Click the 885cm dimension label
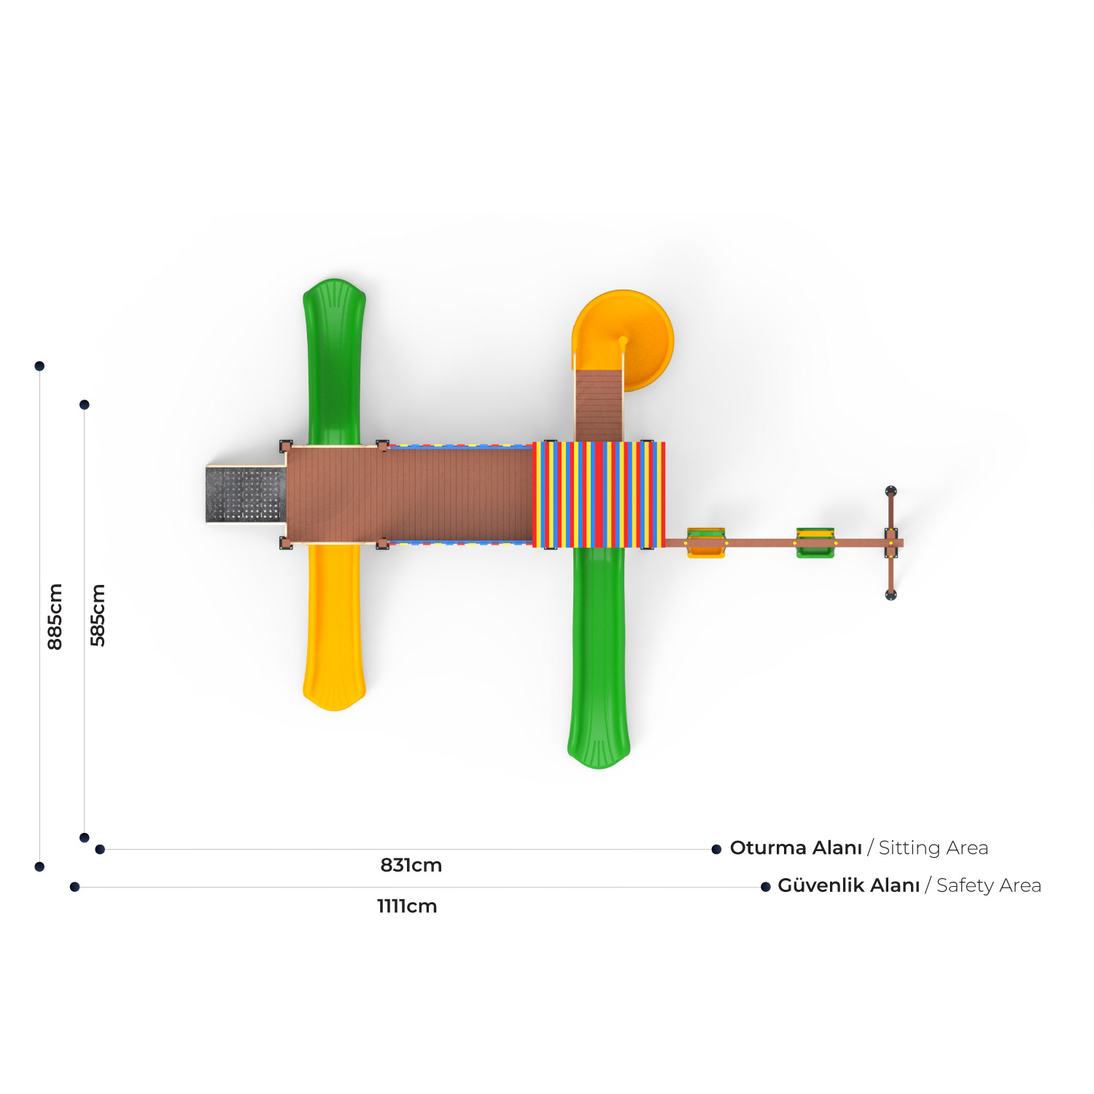[x=55, y=616]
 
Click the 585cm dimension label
[x=98, y=615]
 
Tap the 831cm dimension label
[x=411, y=865]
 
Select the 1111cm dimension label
[x=407, y=906]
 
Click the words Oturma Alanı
[x=796, y=847]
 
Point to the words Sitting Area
[x=934, y=847]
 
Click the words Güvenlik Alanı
[x=848, y=885]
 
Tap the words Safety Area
[x=989, y=885]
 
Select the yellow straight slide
[x=334, y=627]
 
